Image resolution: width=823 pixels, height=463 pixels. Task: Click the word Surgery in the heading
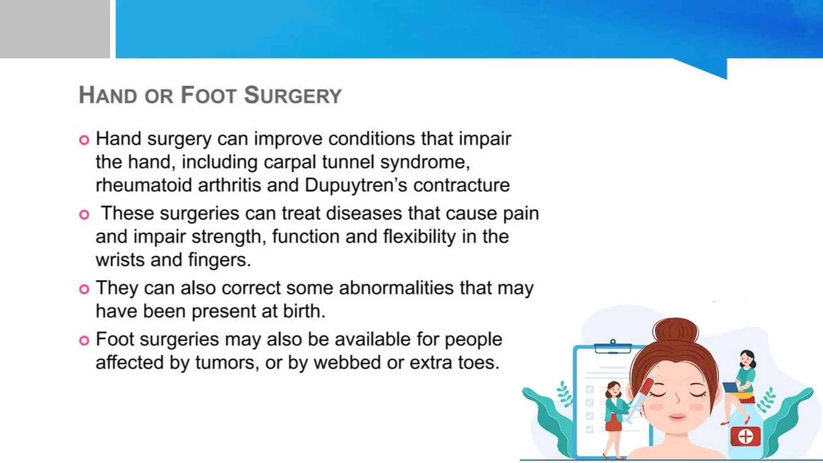(293, 96)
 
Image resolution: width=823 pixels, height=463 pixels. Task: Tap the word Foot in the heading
(208, 96)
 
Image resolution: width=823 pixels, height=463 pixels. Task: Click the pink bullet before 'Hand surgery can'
(84, 140)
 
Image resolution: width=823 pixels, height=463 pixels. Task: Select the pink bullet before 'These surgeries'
(84, 215)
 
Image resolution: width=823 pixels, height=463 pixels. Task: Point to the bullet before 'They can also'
(84, 289)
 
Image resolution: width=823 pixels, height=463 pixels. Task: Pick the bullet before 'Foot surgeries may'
(84, 340)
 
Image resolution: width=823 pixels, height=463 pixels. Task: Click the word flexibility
(419, 237)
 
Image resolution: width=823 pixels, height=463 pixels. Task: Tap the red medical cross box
(745, 436)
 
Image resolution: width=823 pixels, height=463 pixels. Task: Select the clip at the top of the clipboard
(613, 346)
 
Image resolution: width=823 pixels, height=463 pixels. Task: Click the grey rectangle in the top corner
(55, 29)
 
